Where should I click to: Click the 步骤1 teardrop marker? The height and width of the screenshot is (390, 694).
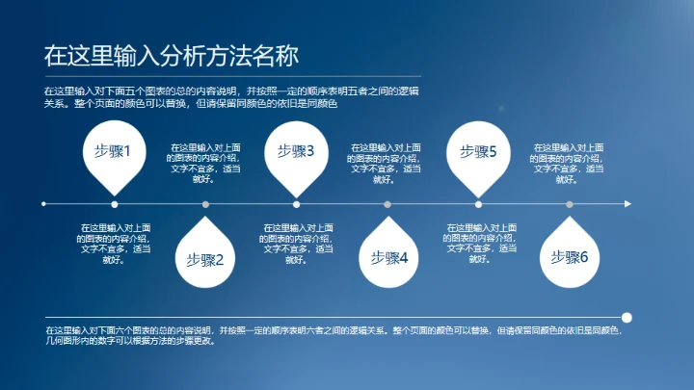(x=114, y=151)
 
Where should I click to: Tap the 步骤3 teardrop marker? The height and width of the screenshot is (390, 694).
(x=296, y=151)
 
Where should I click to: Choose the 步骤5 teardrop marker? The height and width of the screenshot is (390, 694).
(x=478, y=151)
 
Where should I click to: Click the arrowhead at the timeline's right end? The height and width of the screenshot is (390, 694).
(x=627, y=204)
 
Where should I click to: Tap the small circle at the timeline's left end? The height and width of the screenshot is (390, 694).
(x=43, y=204)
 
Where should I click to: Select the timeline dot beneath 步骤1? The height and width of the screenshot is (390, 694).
(x=115, y=204)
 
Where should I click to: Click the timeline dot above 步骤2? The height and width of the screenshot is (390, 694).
(x=205, y=204)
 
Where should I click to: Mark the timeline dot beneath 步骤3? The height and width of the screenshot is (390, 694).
(x=296, y=204)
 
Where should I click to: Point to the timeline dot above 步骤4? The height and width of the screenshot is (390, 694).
(x=387, y=204)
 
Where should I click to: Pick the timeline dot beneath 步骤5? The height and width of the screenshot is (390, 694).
(x=478, y=204)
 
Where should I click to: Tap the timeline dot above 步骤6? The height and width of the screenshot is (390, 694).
(x=569, y=204)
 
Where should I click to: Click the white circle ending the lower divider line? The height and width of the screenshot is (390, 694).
(x=627, y=316)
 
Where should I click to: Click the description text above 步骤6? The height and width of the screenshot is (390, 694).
(x=569, y=163)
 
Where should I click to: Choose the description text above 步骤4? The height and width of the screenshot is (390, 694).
(x=387, y=163)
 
